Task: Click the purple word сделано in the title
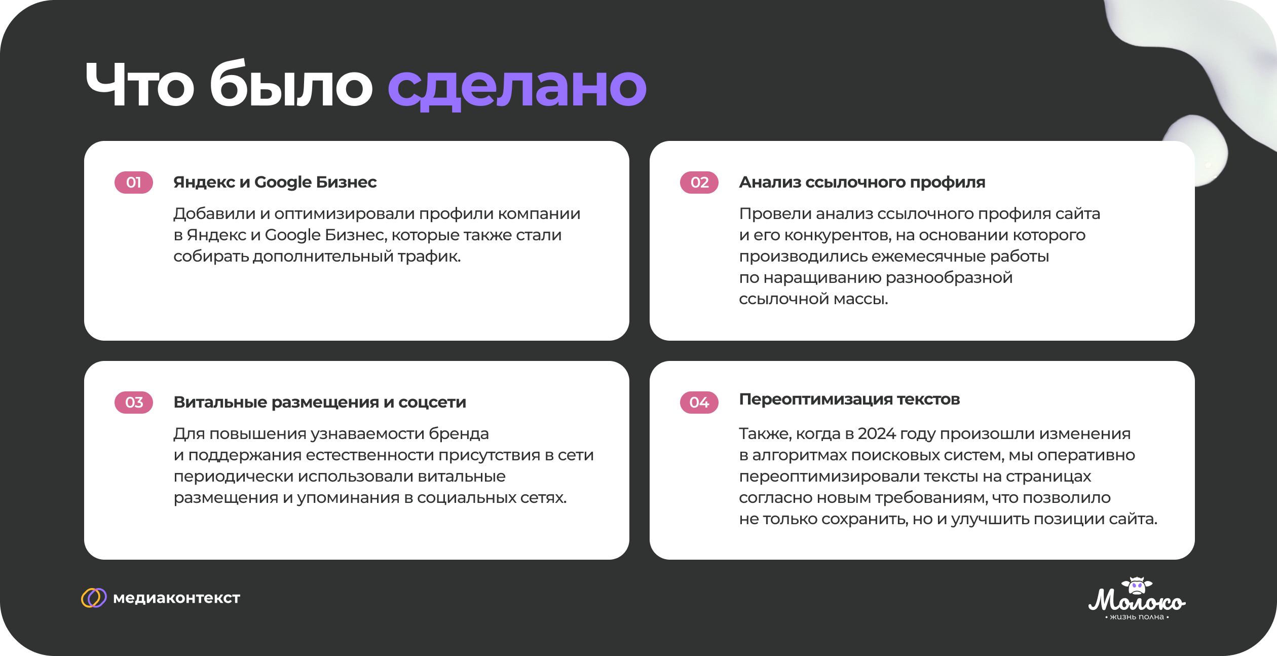(x=517, y=86)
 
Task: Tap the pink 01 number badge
(x=134, y=183)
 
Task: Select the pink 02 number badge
(x=699, y=183)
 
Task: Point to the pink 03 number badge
(x=134, y=403)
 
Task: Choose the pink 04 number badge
(x=699, y=403)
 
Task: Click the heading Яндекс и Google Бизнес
(x=275, y=182)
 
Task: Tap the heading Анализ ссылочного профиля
(x=862, y=182)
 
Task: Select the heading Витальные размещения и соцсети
(x=320, y=402)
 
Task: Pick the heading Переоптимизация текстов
(x=849, y=399)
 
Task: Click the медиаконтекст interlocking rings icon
(x=94, y=598)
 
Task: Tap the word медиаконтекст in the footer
(x=176, y=598)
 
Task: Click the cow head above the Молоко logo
(x=1137, y=586)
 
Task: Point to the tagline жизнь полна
(x=1137, y=617)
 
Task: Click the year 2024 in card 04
(x=878, y=434)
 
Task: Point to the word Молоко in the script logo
(x=1137, y=601)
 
